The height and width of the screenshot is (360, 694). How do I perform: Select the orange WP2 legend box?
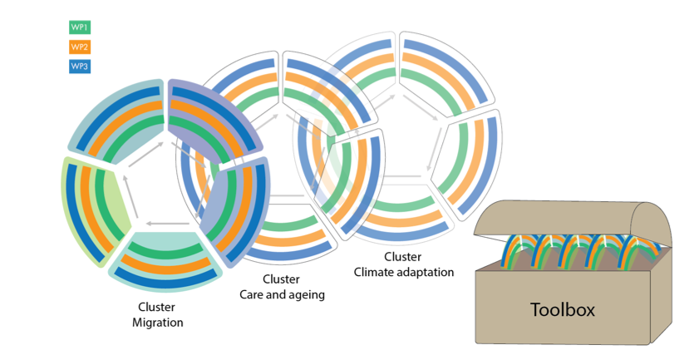pos(79,47)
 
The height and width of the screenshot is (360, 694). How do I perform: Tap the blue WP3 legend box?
pos(79,67)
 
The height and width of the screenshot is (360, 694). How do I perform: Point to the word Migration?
pos(157,323)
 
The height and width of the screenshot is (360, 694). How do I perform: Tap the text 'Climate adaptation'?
pos(404,271)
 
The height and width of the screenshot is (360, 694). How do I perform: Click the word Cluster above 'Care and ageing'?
pos(280,279)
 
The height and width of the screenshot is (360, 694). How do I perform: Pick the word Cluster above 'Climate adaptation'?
pos(403,257)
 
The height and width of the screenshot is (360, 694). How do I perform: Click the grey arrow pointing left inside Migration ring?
pos(161,223)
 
